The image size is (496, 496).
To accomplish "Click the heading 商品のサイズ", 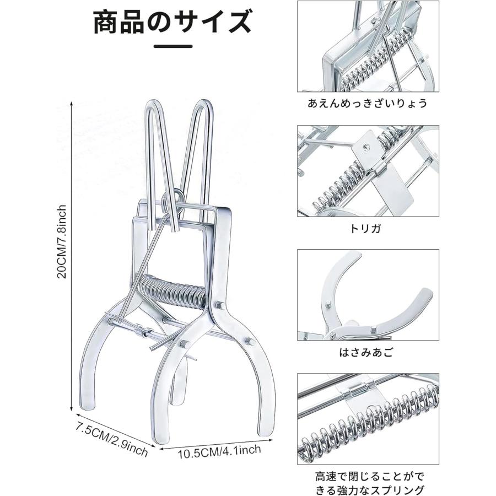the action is pos(172,22).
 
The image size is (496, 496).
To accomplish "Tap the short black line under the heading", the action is pos(173,46).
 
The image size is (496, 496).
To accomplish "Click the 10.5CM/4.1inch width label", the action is pos(219,451).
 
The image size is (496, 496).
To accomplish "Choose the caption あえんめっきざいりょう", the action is pos(368,104).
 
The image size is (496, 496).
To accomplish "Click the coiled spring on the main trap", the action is pos(174,292).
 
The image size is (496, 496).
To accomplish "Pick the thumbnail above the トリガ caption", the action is pos(368,171).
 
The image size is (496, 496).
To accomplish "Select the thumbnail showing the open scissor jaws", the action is pos(368,295).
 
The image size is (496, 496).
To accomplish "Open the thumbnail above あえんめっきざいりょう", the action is pos(368,46).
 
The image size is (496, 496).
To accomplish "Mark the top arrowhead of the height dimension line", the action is pos(71,103).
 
